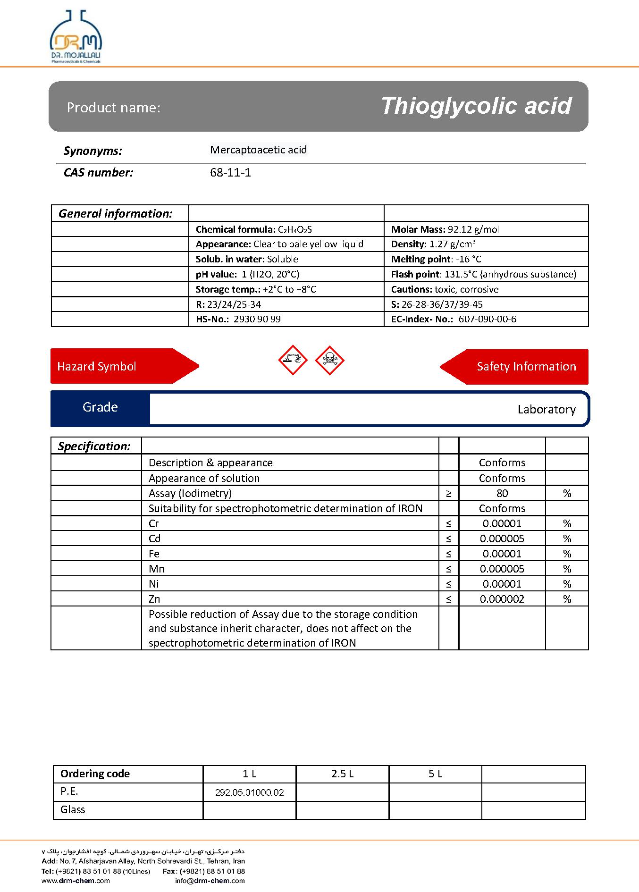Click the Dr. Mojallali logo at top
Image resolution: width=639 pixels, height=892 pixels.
(x=76, y=37)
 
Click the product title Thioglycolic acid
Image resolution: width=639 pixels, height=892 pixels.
(x=476, y=106)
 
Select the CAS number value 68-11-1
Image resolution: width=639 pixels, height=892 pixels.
(x=230, y=173)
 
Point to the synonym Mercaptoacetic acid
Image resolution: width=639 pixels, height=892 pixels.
(x=258, y=150)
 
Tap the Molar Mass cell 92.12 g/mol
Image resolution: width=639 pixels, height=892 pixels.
(x=445, y=229)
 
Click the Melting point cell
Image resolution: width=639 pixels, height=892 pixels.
(x=436, y=259)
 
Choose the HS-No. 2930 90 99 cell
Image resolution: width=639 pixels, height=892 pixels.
(x=238, y=319)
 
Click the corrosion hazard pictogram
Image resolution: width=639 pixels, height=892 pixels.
(x=293, y=360)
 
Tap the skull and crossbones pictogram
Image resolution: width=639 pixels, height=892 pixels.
(x=329, y=360)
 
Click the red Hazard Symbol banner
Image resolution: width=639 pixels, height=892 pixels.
(x=118, y=366)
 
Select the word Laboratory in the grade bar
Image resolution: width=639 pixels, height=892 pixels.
(x=547, y=410)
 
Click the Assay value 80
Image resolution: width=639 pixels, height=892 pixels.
(x=502, y=493)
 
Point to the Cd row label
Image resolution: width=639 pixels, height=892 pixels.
(x=155, y=539)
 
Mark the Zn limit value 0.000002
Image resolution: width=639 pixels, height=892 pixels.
(x=502, y=599)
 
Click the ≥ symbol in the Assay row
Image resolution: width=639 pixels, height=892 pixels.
(x=448, y=493)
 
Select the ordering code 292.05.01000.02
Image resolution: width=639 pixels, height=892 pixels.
(x=249, y=792)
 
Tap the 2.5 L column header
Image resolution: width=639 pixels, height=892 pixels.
(x=342, y=774)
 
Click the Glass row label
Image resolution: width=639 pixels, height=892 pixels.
(x=73, y=809)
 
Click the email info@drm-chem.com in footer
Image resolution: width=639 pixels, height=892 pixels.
(x=210, y=880)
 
